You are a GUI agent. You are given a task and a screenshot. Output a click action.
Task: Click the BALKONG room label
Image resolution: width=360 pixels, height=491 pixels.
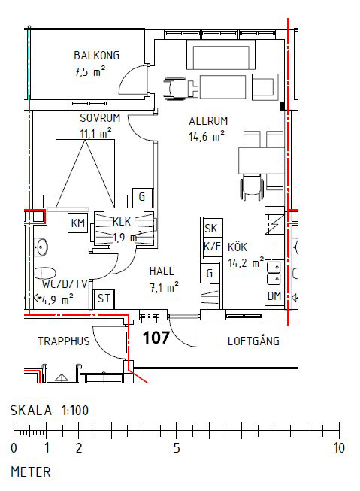96,56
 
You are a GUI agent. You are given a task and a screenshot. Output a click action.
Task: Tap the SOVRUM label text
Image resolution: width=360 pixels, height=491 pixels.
100,118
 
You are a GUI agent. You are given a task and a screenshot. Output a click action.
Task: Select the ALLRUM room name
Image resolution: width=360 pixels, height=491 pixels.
208,121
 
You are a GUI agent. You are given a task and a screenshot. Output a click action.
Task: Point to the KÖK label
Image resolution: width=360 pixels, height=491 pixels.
237,247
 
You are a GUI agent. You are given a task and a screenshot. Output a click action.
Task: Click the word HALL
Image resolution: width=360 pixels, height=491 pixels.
162,271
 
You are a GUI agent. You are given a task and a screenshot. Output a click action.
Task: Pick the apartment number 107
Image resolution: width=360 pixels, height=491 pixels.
156,338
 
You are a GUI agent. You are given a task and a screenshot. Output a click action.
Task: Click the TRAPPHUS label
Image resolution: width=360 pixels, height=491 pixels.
64,341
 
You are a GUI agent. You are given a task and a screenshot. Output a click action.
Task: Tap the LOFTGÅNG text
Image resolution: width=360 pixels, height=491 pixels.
253,341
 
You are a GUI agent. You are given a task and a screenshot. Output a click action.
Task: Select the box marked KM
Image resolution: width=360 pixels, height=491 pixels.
78,223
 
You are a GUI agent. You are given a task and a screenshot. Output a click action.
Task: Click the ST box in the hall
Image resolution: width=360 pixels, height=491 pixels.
104,299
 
